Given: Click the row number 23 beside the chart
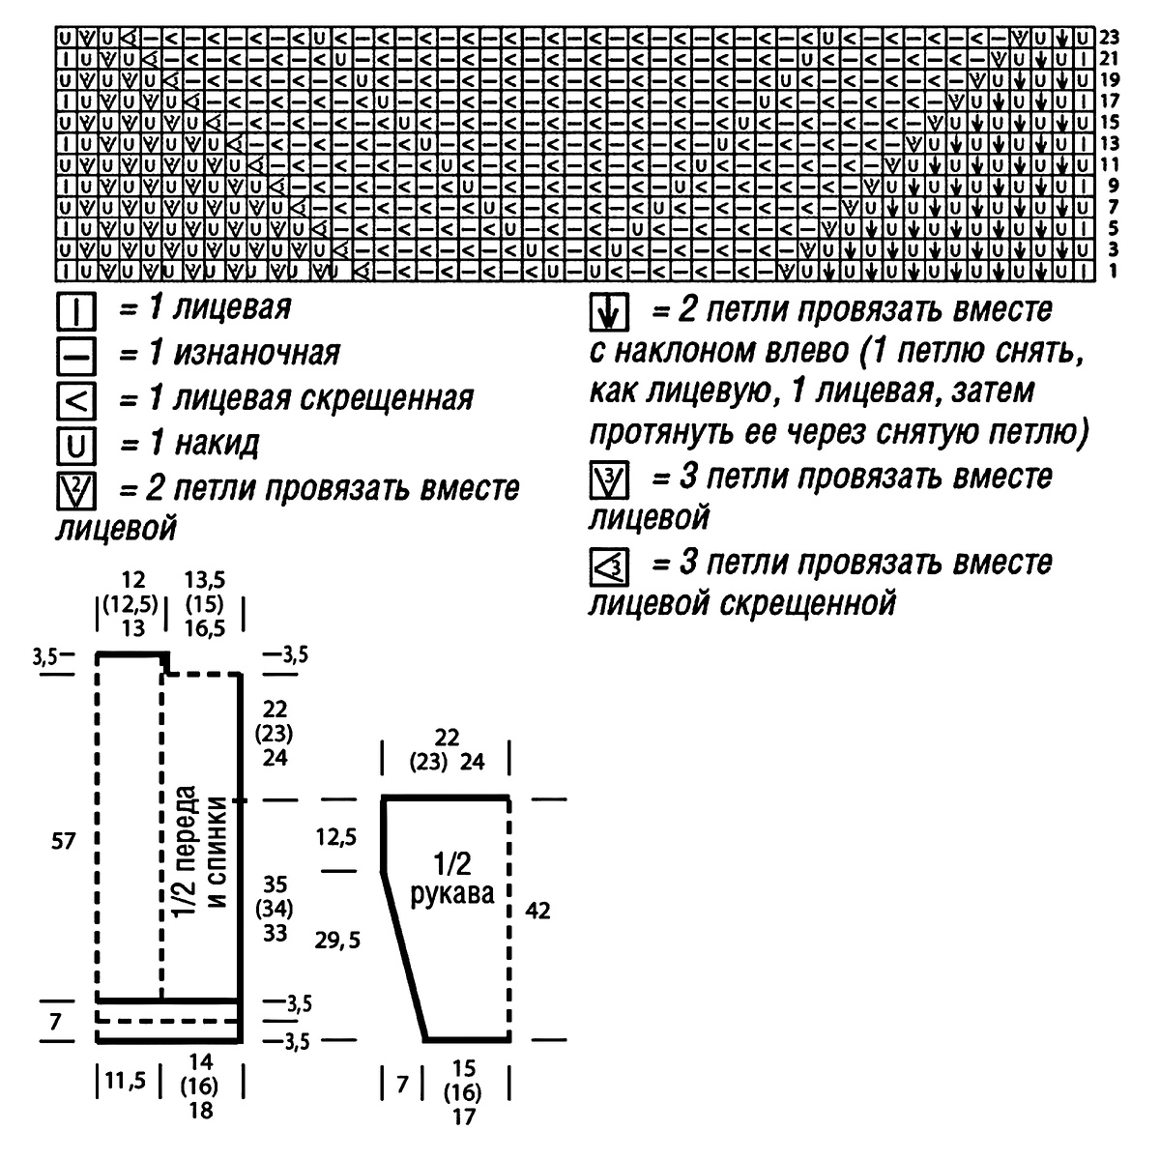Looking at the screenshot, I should click(x=1110, y=39).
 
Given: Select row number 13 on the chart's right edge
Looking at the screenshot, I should click(x=1110, y=143).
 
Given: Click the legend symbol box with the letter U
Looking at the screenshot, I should click(x=75, y=446).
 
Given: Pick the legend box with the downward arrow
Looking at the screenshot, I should click(x=609, y=312).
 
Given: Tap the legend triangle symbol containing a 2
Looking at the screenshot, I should click(x=75, y=491).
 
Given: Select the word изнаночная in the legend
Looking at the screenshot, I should click(x=257, y=354).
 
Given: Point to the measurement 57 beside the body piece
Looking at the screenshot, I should click(x=63, y=842).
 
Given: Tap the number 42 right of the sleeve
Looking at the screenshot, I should click(x=537, y=910).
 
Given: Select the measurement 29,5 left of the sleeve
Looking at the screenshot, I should click(x=337, y=939).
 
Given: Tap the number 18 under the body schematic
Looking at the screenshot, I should click(x=201, y=1111).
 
